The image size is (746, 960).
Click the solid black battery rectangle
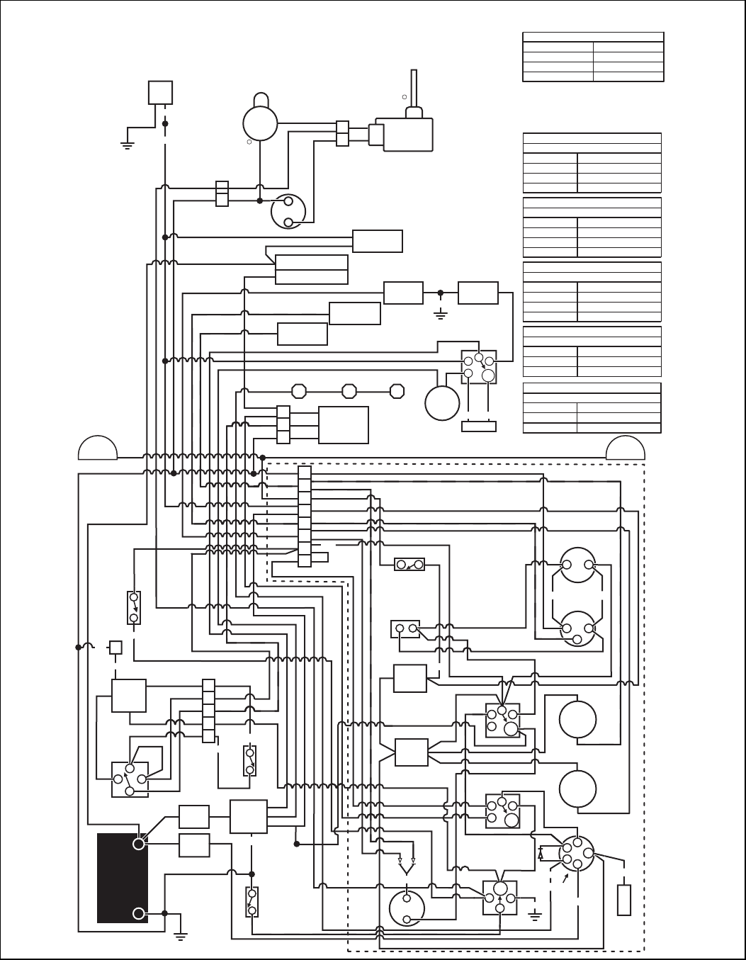click(122, 879)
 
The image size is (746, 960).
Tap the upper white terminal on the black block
click(139, 843)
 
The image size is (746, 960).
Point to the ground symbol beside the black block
click(180, 935)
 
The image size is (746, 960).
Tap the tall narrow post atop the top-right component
click(414, 92)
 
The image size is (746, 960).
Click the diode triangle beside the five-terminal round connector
click(542, 854)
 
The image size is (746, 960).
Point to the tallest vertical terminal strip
click(305, 516)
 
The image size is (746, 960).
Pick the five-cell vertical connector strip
click(208, 711)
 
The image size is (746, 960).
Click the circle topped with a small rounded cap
click(261, 119)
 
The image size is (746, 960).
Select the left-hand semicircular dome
click(98, 449)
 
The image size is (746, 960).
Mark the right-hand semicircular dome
click(626, 449)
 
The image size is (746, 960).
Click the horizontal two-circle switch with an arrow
click(409, 565)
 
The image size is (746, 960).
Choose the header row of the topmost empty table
click(593, 37)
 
